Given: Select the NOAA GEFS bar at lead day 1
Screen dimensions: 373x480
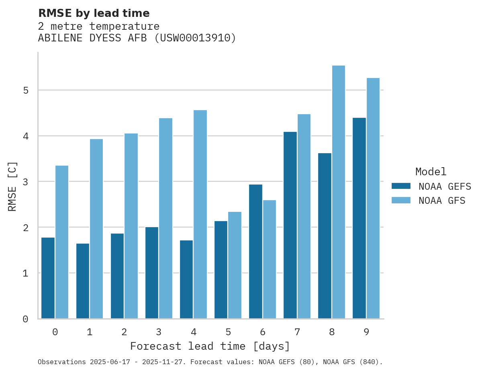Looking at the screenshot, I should [83, 281].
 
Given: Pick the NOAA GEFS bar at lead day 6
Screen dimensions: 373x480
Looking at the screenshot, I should [255, 252].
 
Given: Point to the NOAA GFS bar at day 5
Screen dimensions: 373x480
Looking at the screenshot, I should [235, 265].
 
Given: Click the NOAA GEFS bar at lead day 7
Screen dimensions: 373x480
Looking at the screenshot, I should [290, 225].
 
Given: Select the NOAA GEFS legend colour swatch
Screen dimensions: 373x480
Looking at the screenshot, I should [401, 186].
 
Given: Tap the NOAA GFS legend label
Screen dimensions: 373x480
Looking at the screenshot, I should [442, 201].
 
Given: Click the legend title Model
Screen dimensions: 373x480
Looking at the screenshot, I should [431, 172].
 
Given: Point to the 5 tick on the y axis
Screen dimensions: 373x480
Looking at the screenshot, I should [26, 90].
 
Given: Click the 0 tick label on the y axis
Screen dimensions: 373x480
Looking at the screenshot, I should [26, 319].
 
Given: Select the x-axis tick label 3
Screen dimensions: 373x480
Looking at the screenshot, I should [159, 332].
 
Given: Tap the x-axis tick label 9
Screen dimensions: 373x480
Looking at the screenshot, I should [366, 332].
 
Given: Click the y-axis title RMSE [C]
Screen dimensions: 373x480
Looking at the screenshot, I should [12, 186].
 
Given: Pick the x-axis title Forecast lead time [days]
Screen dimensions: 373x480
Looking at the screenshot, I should [210, 346].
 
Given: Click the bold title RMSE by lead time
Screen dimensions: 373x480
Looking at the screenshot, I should [94, 13].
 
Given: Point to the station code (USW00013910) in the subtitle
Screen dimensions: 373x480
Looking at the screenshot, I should [196, 38].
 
